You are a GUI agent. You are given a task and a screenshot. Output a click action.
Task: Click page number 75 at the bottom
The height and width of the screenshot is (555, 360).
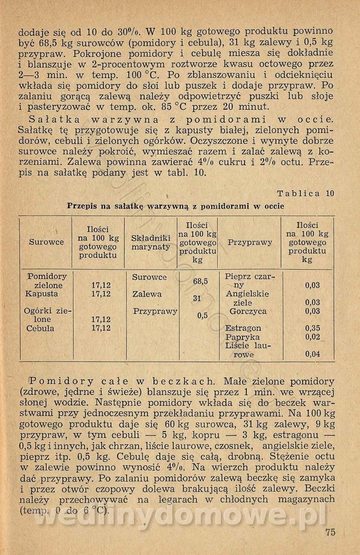[x=330, y=532]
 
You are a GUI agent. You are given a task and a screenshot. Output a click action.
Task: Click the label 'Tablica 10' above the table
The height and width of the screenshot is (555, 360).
[x=305, y=193]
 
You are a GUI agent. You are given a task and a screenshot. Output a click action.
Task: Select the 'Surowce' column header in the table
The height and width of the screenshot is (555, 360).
[x=47, y=242]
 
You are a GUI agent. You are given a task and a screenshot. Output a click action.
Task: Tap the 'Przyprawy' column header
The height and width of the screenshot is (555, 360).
[x=250, y=242]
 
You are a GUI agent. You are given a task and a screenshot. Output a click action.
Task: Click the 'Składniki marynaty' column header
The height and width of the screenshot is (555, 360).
[x=151, y=242]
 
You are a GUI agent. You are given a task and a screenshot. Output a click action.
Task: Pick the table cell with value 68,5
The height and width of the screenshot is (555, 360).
[x=200, y=281]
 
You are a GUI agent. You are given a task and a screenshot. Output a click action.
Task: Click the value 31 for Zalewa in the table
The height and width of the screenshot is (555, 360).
[x=197, y=298]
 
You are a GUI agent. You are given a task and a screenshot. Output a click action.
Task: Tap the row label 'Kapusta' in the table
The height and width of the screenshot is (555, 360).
[x=42, y=294]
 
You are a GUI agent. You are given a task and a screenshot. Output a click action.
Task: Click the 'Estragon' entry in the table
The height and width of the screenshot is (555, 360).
[x=243, y=328]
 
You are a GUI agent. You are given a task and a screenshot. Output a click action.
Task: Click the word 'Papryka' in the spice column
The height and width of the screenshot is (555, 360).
[x=242, y=337]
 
